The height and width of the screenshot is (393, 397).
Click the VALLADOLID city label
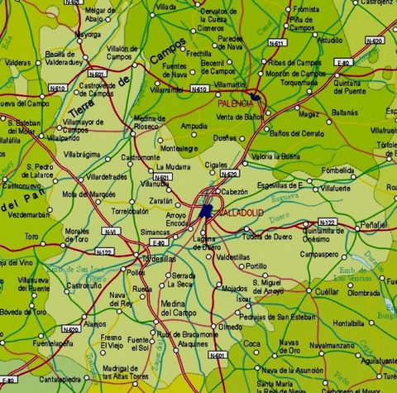click(x=240, y=213)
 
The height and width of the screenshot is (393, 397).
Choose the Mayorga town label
click(x=88, y=35)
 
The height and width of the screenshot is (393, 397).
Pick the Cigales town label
click(x=216, y=165)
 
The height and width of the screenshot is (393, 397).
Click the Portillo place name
click(x=256, y=266)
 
